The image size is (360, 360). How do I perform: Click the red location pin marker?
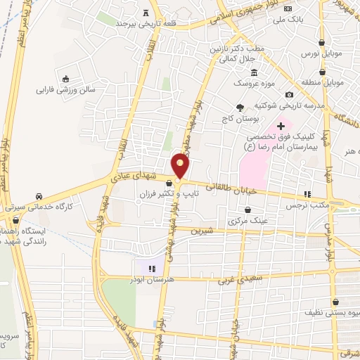[181, 165]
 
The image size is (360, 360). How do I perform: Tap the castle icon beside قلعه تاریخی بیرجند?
[146, 11]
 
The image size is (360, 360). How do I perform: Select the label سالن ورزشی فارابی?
[65, 90]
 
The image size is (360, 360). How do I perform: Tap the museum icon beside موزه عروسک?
[255, 73]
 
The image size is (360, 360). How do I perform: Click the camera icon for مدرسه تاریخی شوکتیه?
[289, 95]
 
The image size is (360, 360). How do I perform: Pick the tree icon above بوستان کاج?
[240, 107]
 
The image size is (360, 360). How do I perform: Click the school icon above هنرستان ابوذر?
[150, 268]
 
